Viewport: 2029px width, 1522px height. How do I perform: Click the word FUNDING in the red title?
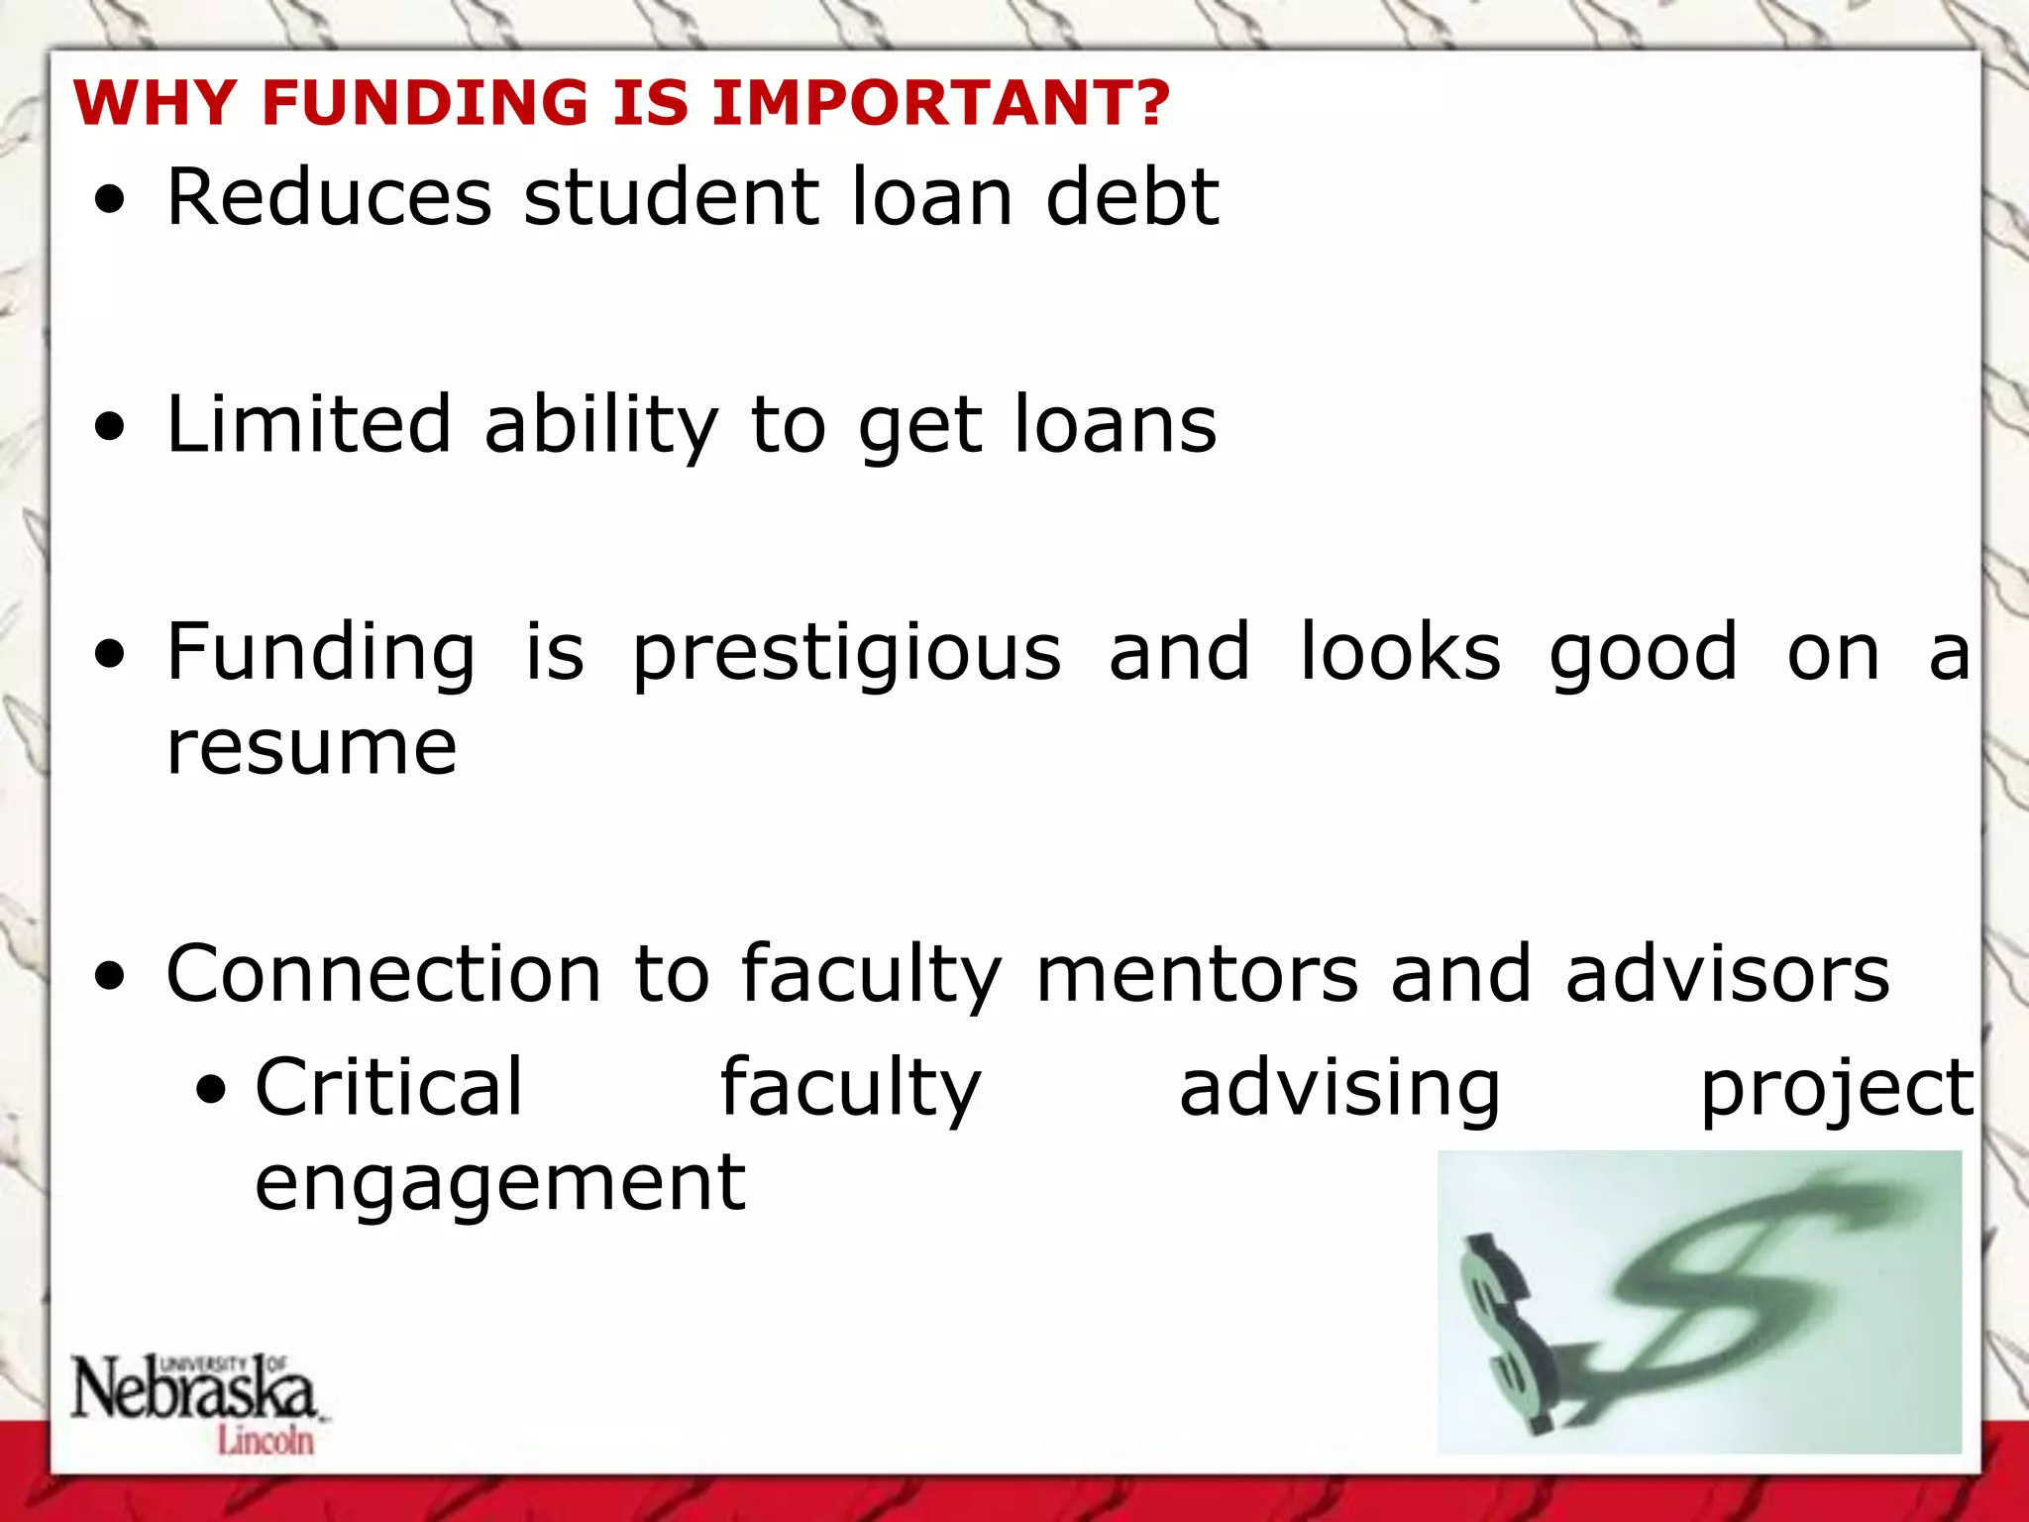pos(425,102)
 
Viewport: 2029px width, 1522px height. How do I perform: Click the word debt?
pos(1132,197)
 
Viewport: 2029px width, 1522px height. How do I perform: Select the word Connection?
pos(383,974)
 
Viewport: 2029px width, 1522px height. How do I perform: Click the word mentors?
pos(1197,974)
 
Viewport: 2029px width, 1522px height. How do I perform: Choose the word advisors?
pos(1727,974)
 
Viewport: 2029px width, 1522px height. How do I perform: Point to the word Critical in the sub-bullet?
pos(388,1088)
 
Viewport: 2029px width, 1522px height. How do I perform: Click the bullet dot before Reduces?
pos(111,201)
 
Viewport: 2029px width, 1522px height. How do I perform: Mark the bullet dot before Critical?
pos(210,1091)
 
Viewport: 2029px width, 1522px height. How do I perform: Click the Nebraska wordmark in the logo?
pos(193,1387)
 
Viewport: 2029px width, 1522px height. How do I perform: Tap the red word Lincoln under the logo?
pos(266,1440)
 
